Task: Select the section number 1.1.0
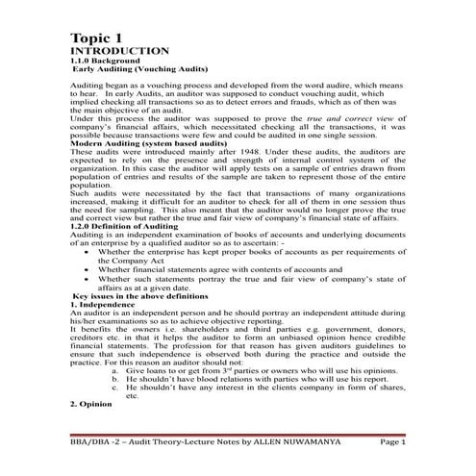(85, 63)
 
